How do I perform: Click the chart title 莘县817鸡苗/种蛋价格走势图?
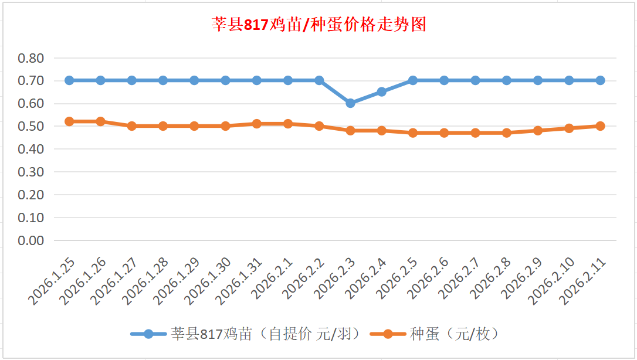click(x=318, y=25)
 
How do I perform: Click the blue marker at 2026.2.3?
click(x=350, y=103)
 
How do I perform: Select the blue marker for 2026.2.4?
click(x=382, y=91)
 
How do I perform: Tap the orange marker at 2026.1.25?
click(x=69, y=121)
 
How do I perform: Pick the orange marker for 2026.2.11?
click(x=600, y=126)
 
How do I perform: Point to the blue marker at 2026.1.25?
click(x=69, y=80)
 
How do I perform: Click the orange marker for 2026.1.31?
click(x=257, y=124)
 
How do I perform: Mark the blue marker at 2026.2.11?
click(x=600, y=80)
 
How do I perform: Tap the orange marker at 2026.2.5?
click(x=413, y=133)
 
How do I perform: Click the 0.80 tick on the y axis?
click(x=31, y=58)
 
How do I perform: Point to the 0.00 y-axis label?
click(x=31, y=240)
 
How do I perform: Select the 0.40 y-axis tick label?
click(x=31, y=149)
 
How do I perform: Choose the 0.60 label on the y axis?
click(x=31, y=104)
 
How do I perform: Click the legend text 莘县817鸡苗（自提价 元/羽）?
click(x=265, y=334)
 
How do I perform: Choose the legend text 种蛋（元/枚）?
click(x=455, y=334)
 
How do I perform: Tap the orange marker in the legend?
click(x=388, y=334)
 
